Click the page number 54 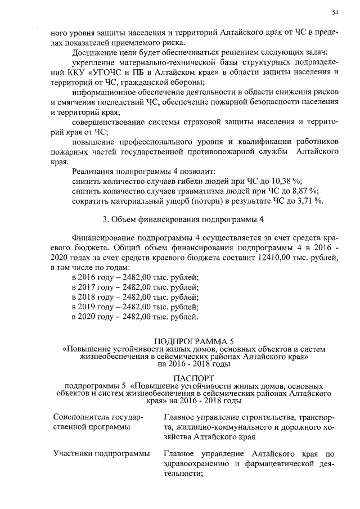tap(335, 12)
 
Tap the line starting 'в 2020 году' tap(135, 317)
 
